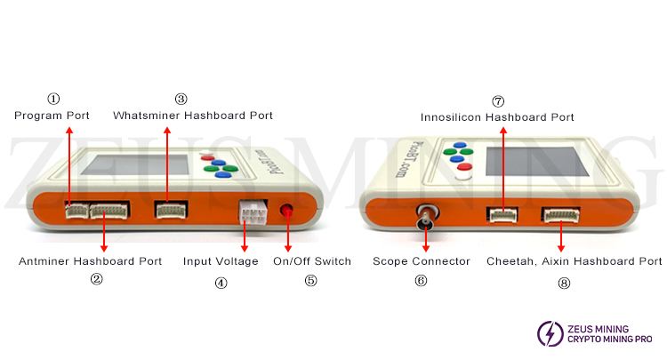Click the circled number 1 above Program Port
pos(53,99)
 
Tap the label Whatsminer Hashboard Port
pos(193,116)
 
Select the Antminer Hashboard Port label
pos(90,261)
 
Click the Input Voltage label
pos(221,261)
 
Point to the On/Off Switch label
pos(312,261)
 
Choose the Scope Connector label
pos(422,261)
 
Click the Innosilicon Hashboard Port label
pos(497,117)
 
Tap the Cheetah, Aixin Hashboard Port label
pos(575,261)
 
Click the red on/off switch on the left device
pos(286,210)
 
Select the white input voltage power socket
pos(253,212)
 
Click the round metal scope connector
pos(427,216)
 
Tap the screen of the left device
pos(136,165)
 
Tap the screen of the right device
pos(537,162)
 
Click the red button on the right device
pos(464,166)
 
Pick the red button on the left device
pos(207,158)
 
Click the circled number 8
pos(564,283)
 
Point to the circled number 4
pos(221,283)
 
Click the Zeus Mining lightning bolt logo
pos(550,333)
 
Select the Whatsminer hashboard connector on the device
pos(171,210)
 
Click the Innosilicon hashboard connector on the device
pos(502,214)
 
